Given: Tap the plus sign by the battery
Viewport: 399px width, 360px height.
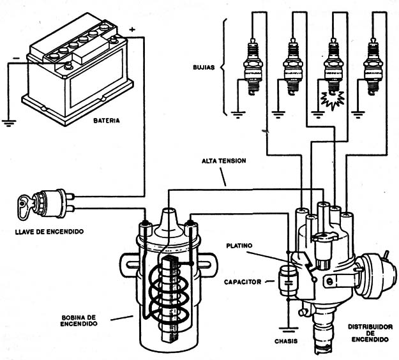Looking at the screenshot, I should pyautogui.click(x=132, y=29).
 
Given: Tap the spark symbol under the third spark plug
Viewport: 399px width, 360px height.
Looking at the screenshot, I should pyautogui.click(x=331, y=100).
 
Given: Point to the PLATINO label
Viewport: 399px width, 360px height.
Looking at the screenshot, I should pyautogui.click(x=241, y=245).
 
